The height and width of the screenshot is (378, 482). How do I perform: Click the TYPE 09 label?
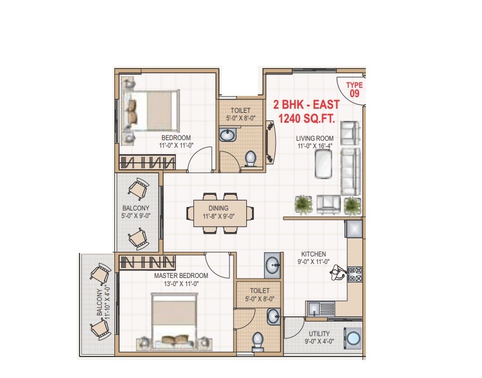pos(354,88)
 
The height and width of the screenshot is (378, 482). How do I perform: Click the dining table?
pos(216,213)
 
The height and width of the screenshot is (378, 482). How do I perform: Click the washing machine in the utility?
pos(352,338)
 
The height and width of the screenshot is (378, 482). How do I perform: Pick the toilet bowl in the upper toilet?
pos(251,158)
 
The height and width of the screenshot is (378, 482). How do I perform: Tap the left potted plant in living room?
pos(303,204)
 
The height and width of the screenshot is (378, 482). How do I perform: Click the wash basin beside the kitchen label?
pos(272,266)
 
